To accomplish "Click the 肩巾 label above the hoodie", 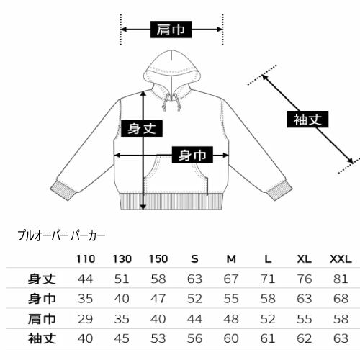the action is click(x=171, y=30).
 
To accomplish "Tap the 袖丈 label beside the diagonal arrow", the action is click(x=307, y=120).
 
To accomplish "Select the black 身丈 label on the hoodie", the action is click(x=142, y=128).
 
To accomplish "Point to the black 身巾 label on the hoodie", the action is click(x=192, y=155).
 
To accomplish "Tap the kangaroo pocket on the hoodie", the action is click(x=176, y=174).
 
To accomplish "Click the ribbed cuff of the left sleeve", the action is click(x=63, y=190).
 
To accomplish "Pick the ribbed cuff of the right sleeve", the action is click(x=279, y=190).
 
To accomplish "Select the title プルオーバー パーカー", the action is click(x=61, y=236).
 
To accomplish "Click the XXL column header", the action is click(x=341, y=259).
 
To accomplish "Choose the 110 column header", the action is click(x=86, y=259).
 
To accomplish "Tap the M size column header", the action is click(x=231, y=259).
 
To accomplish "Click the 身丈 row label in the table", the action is click(x=42, y=279).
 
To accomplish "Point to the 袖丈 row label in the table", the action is click(x=42, y=338).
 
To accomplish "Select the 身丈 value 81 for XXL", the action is click(x=341, y=279).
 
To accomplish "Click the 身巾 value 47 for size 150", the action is click(x=158, y=299).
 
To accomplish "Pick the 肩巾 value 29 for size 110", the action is click(x=86, y=319).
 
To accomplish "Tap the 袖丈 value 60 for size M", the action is click(x=231, y=338).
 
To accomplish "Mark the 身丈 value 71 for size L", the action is click(x=268, y=279).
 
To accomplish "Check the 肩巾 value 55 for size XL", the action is click(x=305, y=319).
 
